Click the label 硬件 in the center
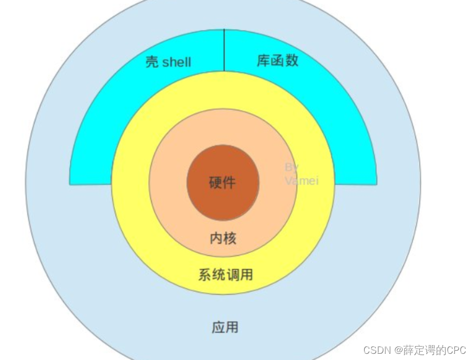click(x=223, y=182)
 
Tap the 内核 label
click(x=223, y=238)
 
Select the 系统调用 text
click(x=226, y=274)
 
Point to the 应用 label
click(x=225, y=327)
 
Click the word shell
click(x=176, y=63)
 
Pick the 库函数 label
click(x=278, y=61)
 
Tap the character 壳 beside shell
click(x=152, y=63)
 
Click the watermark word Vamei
click(x=302, y=181)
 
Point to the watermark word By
click(x=292, y=167)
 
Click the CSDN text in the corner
click(x=377, y=350)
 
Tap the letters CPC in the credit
click(x=456, y=350)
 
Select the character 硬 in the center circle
click(x=216, y=182)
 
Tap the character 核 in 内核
click(x=230, y=238)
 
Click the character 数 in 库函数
click(x=292, y=61)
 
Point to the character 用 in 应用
click(x=232, y=327)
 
